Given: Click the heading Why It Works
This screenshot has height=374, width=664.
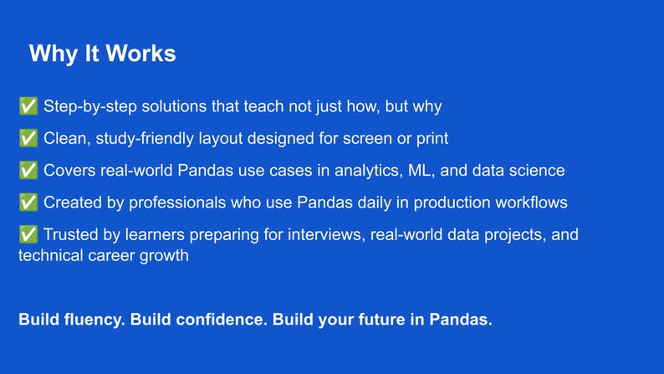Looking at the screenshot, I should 102,54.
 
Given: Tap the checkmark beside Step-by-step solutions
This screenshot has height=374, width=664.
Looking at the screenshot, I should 28,107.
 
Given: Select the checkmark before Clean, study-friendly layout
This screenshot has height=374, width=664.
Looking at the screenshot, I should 28,139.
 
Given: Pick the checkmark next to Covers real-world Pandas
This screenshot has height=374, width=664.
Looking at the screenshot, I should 28,171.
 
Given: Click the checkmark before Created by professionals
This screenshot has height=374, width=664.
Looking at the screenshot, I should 28,202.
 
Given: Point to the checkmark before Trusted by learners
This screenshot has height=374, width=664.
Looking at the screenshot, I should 28,235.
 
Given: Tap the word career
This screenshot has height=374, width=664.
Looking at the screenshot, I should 111,256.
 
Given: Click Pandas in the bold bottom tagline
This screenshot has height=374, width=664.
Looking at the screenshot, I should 464,320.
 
